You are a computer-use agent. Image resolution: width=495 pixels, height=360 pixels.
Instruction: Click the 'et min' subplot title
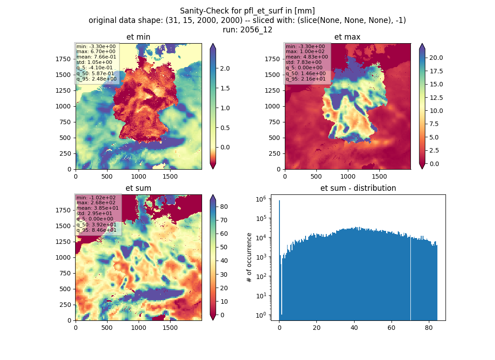[138, 37]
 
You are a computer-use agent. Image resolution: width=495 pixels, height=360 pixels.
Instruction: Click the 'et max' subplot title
[347, 37]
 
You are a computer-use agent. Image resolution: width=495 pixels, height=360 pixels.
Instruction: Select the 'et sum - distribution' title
[358, 188]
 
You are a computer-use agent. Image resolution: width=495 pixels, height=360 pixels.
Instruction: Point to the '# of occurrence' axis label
[249, 258]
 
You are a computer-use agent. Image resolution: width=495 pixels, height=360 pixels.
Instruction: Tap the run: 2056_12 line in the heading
[247, 30]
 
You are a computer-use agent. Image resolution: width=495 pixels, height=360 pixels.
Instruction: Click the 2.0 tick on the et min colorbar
[225, 68]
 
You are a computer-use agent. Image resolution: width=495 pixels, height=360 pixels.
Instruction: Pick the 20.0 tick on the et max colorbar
[436, 58]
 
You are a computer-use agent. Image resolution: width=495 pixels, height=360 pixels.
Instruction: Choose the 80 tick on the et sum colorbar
[224, 207]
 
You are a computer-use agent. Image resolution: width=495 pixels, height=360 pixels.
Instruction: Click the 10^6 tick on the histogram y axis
[261, 199]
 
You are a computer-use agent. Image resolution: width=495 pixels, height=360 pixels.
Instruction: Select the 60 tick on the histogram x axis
[391, 328]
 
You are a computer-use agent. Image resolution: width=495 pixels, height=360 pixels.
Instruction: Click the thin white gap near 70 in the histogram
[411, 279]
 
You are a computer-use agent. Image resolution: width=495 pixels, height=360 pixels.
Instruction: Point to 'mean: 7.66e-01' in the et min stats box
[96, 57]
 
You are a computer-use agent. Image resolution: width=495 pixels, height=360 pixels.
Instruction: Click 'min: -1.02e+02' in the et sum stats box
[96, 198]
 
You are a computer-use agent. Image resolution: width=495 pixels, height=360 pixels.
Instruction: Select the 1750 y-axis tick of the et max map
[272, 59]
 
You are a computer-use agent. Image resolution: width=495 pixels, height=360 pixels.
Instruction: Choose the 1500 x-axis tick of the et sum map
[170, 328]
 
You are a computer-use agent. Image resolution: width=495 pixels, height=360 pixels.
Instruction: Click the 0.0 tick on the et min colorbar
[225, 148]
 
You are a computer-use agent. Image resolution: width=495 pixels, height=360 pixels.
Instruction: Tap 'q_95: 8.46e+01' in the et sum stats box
[96, 230]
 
